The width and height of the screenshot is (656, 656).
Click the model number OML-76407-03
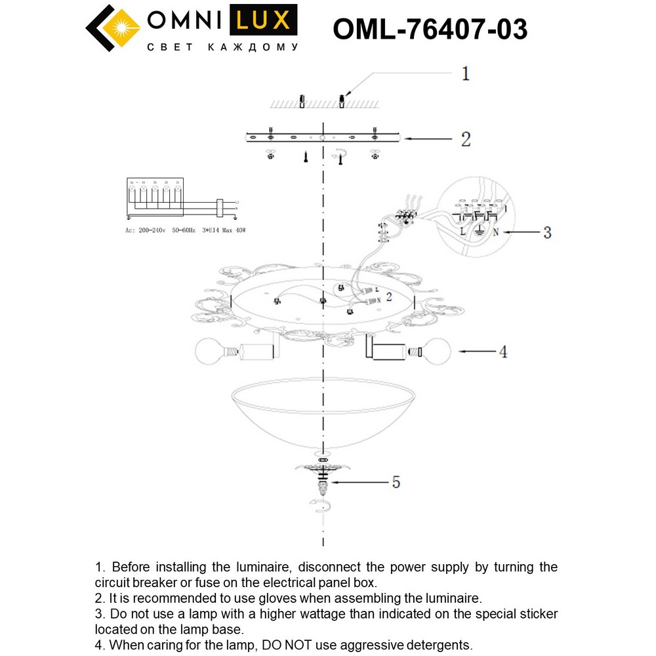tap(430, 29)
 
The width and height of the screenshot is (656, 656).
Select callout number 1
tap(465, 73)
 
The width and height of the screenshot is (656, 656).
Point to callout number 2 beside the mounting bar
tap(466, 139)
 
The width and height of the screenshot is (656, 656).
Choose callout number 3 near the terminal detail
tap(547, 232)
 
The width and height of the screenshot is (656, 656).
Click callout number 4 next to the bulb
tap(503, 352)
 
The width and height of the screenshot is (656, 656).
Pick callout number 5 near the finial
tap(396, 482)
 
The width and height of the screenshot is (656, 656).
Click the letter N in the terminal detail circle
tap(497, 232)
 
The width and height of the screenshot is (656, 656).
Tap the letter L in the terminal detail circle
tap(463, 232)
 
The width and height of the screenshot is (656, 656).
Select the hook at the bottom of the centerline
tap(321, 506)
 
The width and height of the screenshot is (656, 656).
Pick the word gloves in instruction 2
tap(287, 598)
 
